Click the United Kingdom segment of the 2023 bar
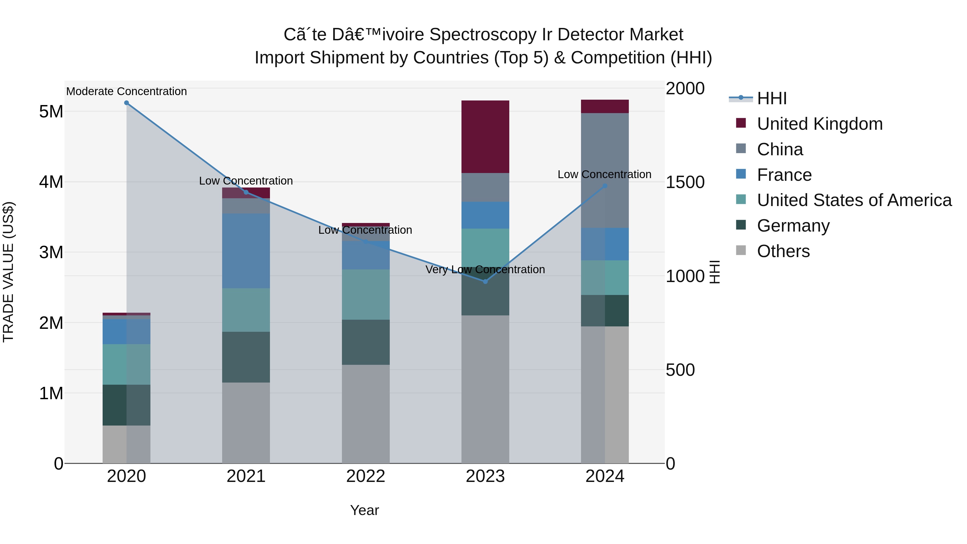[485, 137]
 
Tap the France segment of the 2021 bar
[246, 251]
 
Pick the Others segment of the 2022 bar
[365, 414]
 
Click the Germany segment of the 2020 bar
[126, 405]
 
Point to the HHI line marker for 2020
[127, 103]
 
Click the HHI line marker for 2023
[485, 282]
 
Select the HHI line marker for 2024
[605, 186]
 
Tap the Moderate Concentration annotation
[127, 92]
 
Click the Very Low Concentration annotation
[485, 269]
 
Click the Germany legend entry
[793, 226]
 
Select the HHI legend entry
[771, 98]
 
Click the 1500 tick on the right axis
[685, 182]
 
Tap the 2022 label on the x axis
[365, 476]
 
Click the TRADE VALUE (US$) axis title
[8, 272]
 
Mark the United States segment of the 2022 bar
[365, 294]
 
